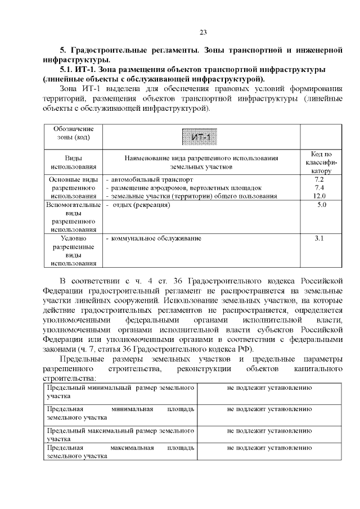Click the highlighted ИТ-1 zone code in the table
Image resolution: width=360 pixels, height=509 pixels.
201,137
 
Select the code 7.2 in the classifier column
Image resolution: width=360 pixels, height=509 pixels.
319,179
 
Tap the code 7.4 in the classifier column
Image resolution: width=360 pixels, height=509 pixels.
319,187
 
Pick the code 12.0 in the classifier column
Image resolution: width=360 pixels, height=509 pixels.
319,196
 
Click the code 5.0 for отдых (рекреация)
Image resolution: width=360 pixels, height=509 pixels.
322,205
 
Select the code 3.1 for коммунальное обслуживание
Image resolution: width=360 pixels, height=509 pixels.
319,239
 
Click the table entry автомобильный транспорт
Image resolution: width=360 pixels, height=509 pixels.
148,179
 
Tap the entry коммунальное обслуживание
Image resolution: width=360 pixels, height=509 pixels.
155,239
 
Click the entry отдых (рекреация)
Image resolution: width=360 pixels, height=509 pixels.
140,205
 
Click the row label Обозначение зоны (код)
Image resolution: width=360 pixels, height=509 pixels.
73,133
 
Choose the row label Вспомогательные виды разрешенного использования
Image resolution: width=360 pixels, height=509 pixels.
73,217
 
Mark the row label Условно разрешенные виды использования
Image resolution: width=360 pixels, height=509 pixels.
73,251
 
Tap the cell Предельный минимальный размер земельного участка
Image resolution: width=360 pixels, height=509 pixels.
121,393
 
